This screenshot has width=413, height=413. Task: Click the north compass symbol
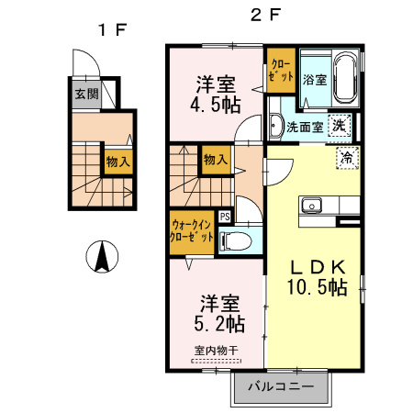click(102, 256)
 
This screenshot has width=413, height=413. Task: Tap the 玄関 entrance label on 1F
click(87, 94)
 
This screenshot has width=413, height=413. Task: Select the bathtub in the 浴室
click(346, 79)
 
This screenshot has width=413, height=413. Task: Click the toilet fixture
click(236, 241)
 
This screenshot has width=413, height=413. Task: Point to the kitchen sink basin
click(311, 205)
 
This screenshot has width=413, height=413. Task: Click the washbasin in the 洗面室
click(276, 126)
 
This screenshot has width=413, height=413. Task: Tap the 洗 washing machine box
click(340, 125)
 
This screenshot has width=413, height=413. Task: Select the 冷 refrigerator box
click(348, 158)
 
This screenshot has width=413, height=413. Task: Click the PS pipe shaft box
click(225, 217)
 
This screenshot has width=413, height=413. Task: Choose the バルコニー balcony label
click(281, 386)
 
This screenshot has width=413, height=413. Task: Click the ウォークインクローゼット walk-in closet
click(192, 232)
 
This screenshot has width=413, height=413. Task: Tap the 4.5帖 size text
click(216, 106)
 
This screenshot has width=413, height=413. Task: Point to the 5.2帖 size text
click(219, 324)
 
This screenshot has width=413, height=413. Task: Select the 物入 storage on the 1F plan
click(118, 162)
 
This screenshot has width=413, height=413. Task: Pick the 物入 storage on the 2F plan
click(216, 160)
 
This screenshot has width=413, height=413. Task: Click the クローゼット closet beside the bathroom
click(281, 71)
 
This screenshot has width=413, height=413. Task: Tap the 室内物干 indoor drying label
click(217, 351)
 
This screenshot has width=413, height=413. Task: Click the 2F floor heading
click(265, 15)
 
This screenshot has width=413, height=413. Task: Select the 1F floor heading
click(112, 30)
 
